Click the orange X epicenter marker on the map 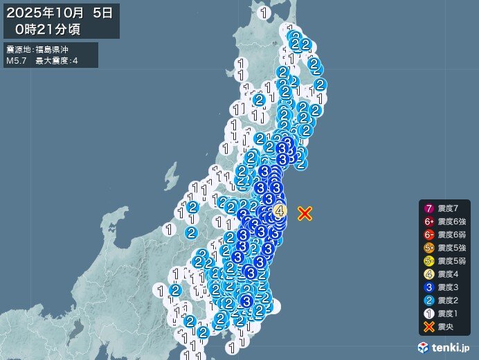305,213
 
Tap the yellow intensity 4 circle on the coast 280,210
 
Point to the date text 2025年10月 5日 61,12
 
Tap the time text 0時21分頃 51,28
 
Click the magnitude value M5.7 16,61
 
